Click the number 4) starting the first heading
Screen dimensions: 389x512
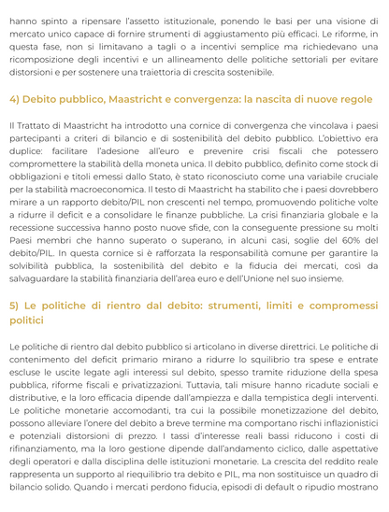[x=16, y=98]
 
